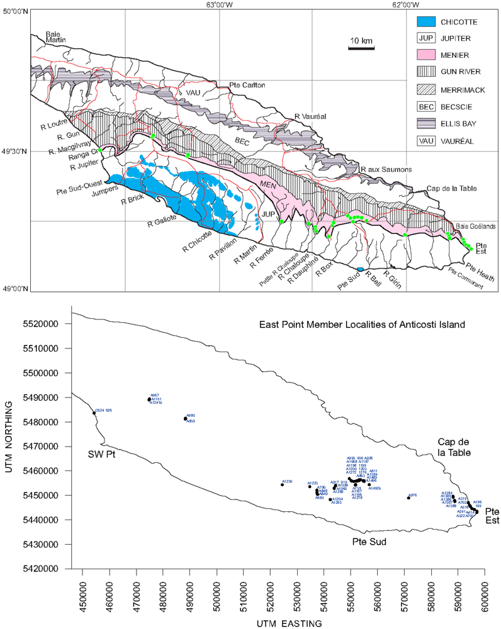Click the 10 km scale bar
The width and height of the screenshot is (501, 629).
point(361,46)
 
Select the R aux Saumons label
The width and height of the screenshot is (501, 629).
point(386,170)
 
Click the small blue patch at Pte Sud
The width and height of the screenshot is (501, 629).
point(359,269)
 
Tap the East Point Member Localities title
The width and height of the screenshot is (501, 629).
point(362,325)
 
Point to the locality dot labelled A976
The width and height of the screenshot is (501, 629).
point(408,498)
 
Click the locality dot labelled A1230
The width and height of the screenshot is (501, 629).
point(282,484)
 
